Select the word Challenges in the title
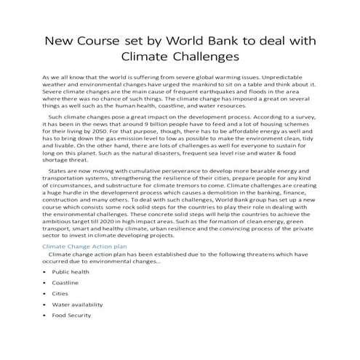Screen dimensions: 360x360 (212, 55)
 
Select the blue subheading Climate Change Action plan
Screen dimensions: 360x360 (85, 247)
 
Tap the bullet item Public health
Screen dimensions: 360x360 (71, 271)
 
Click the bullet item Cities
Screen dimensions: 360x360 (60, 293)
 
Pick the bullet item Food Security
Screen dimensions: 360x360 (71, 316)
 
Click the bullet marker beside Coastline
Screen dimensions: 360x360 (44, 282)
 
